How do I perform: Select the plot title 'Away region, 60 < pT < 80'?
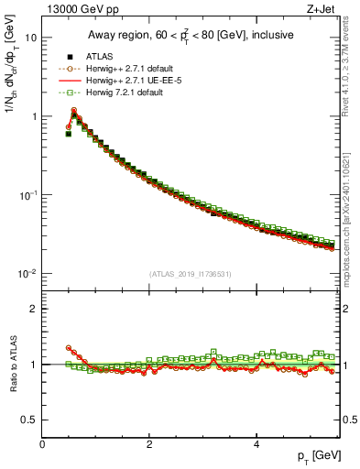pyautogui.click(x=191, y=36)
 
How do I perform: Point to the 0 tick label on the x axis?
pyautogui.click(x=42, y=443)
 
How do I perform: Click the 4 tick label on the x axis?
pyautogui.click(x=256, y=443)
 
